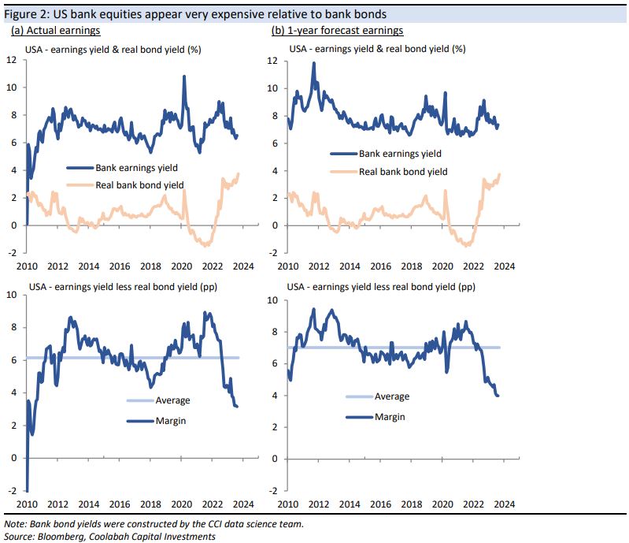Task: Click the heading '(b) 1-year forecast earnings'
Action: [x=336, y=31]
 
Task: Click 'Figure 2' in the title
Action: [x=26, y=14]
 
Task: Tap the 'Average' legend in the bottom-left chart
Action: [x=172, y=400]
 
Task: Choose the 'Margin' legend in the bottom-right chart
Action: [x=389, y=416]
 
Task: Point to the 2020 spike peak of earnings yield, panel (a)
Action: [x=183, y=76]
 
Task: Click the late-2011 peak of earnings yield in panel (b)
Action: [x=313, y=63]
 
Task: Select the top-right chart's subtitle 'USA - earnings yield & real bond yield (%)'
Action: [x=377, y=48]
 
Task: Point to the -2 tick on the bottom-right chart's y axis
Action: [x=273, y=490]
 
